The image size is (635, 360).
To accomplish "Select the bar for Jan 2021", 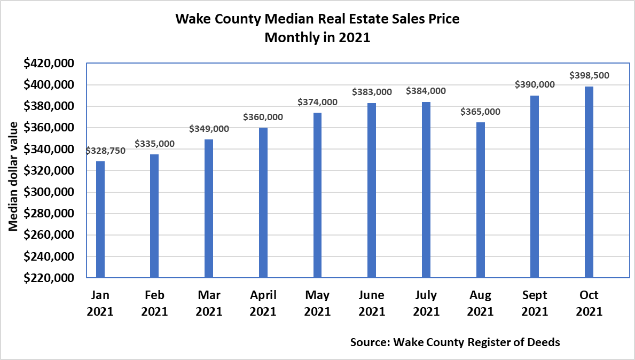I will point(100,220).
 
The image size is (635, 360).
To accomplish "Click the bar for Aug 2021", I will point(481,200).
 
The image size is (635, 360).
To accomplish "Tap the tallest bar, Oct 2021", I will point(589,182).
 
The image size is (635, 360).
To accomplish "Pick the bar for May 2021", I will point(317,195).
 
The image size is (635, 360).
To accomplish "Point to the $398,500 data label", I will point(589,75).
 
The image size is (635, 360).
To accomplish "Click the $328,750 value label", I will point(105,151).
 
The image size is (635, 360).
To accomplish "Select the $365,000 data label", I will point(481,112).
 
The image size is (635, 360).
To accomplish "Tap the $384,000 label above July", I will point(426,91).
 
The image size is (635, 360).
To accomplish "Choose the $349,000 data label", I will point(209,129).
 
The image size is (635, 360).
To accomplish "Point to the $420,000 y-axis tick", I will point(49,64).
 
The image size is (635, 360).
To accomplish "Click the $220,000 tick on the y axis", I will point(49,278).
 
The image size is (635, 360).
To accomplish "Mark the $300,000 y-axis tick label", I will point(49,192).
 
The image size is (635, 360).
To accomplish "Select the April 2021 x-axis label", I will point(263,303).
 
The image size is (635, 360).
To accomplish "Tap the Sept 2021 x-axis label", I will point(535,303).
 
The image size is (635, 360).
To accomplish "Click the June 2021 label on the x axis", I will point(372,303).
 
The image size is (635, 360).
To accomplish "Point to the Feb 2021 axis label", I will point(154,303).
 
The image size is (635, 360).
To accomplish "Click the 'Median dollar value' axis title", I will point(14,176).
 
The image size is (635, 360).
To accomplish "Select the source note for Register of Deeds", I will point(455,342).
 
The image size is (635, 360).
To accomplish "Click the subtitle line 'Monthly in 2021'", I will point(317,38).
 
